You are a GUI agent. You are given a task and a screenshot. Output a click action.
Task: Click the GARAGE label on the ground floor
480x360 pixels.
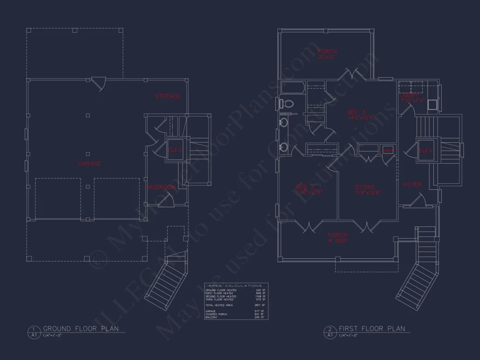[x=89, y=164]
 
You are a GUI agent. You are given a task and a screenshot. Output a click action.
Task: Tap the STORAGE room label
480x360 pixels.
[x=168, y=96]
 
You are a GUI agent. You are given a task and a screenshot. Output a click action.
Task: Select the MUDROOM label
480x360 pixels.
[x=161, y=187]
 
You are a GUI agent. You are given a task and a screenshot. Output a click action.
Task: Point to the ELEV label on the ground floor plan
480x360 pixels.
[x=175, y=150]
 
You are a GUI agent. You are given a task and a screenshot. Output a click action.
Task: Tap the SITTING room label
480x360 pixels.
[x=365, y=187]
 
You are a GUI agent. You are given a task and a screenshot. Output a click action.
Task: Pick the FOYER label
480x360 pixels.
[x=412, y=185]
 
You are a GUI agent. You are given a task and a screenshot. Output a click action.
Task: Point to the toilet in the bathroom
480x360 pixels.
[x=287, y=104]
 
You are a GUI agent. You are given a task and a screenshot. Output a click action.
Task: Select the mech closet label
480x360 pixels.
[x=388, y=150]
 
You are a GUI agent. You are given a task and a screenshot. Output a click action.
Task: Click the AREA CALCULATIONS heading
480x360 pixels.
[x=236, y=285]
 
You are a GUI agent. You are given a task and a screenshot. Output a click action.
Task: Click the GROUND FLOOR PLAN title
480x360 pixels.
[x=81, y=329]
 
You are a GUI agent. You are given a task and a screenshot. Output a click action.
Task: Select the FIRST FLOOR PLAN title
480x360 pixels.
[x=372, y=329]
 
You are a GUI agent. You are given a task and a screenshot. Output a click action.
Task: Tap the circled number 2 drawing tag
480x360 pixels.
[x=330, y=329]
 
